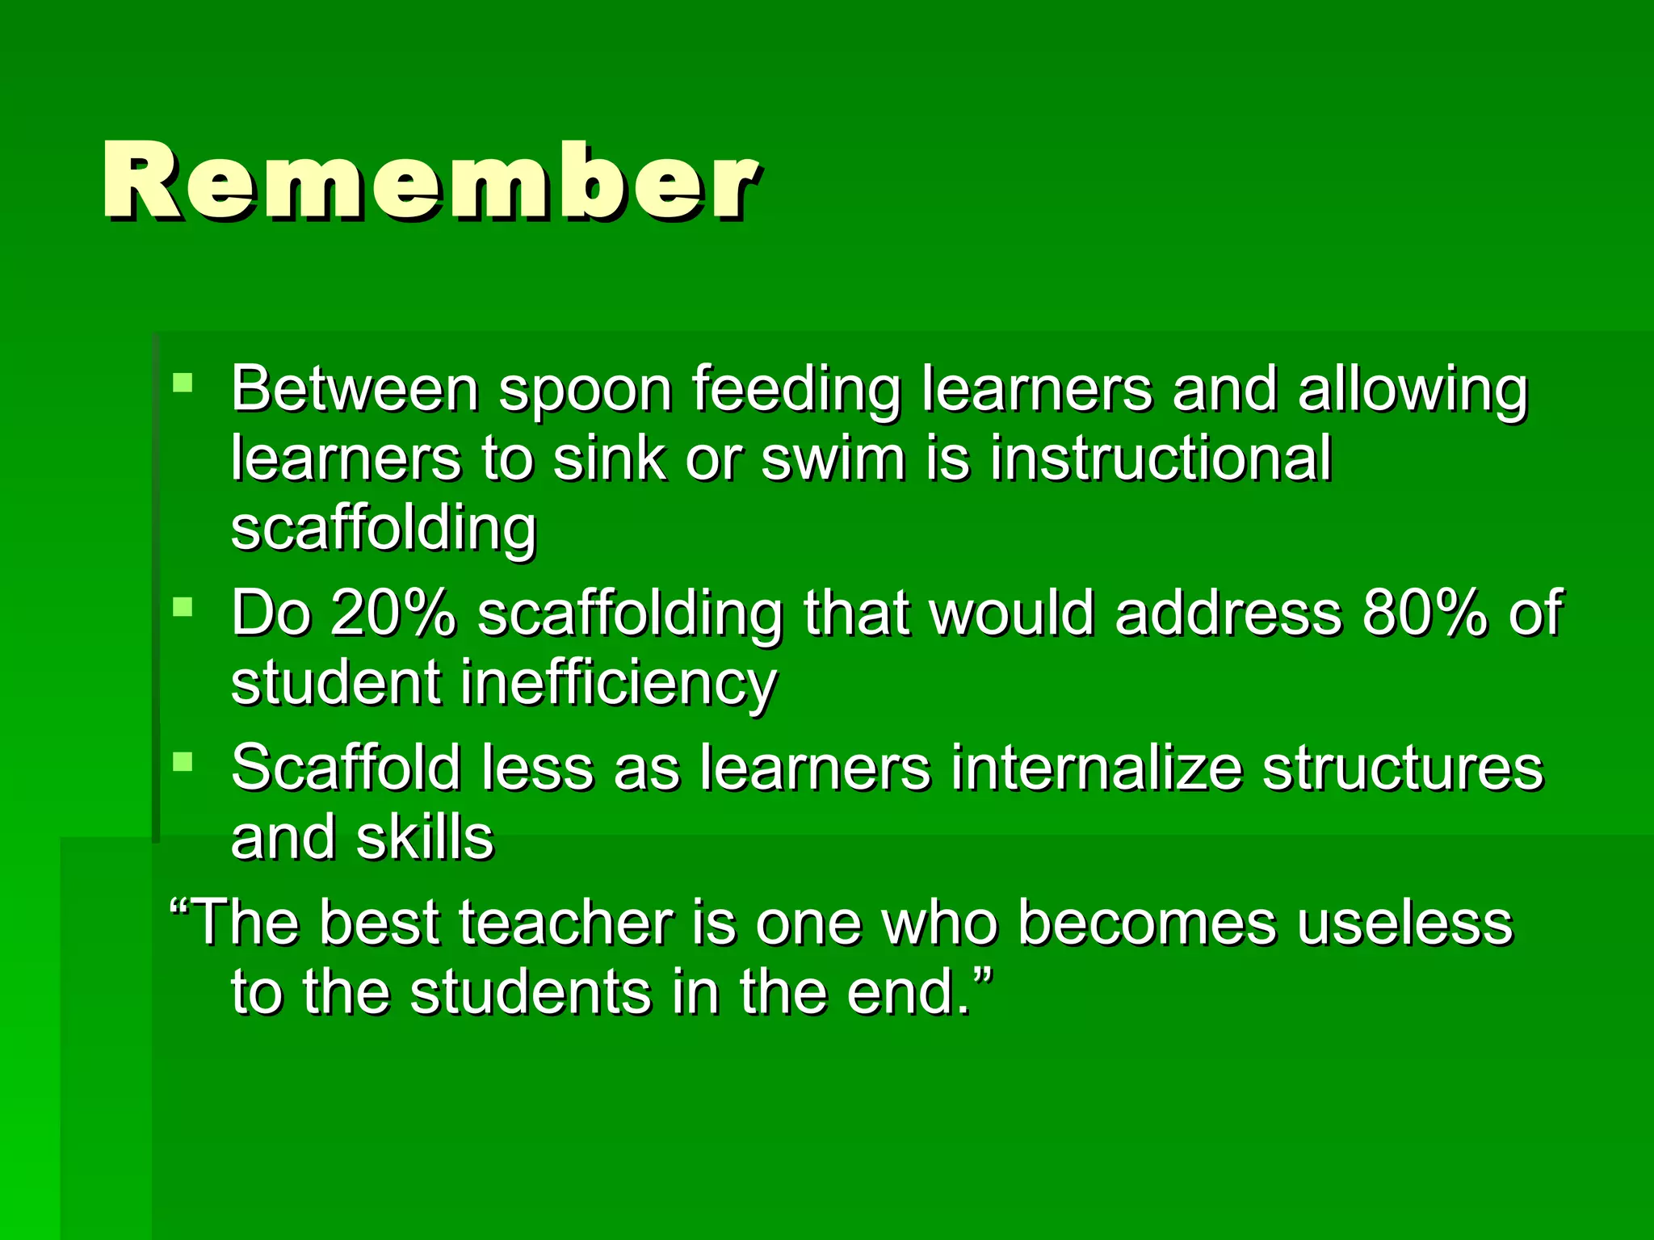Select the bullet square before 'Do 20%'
tap(183, 606)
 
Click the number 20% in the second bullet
tap(393, 614)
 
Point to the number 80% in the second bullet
tap(1424, 614)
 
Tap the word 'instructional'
tap(1161, 459)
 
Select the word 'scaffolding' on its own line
tap(384, 529)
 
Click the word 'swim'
tap(833, 459)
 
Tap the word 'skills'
tap(425, 838)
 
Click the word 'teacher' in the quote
tap(566, 923)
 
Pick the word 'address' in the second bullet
tap(1228, 614)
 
